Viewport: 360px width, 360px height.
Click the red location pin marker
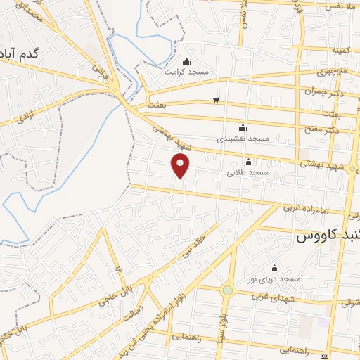(x=181, y=165)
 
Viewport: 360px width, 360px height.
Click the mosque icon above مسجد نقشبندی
(x=243, y=127)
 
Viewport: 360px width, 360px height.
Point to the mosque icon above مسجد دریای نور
(x=274, y=268)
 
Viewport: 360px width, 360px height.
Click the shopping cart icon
(x=215, y=99)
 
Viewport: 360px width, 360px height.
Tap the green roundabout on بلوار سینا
(x=227, y=290)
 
